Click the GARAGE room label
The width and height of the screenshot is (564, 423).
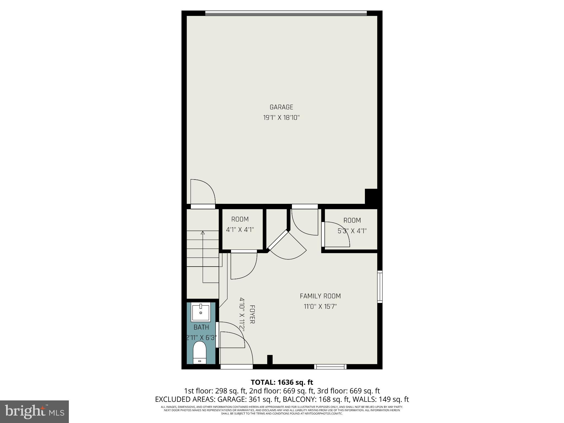tap(281, 107)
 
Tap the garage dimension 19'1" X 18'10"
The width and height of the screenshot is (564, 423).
tap(281, 118)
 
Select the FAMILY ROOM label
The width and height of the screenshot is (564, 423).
tap(320, 296)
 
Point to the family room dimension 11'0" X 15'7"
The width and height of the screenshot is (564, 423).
tap(320, 307)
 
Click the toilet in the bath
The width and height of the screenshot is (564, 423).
tap(200, 353)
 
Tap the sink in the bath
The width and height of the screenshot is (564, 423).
tap(201, 312)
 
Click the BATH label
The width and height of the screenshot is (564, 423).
tap(201, 327)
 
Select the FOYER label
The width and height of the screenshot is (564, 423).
tap(252, 314)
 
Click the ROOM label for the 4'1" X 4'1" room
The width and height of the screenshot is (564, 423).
tap(240, 219)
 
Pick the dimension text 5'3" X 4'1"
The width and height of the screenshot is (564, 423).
tap(352, 231)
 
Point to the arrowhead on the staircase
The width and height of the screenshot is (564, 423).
tap(203, 233)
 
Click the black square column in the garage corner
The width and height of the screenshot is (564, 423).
tap(371, 196)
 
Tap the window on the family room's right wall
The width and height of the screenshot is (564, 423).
tap(380, 287)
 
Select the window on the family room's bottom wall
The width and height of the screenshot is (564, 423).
tap(330, 367)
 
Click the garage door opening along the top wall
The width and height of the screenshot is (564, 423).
tap(286, 13)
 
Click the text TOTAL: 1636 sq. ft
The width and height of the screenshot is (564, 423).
tap(282, 382)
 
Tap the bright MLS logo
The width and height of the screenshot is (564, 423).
tap(34, 411)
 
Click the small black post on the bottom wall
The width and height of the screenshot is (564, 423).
tap(270, 359)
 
